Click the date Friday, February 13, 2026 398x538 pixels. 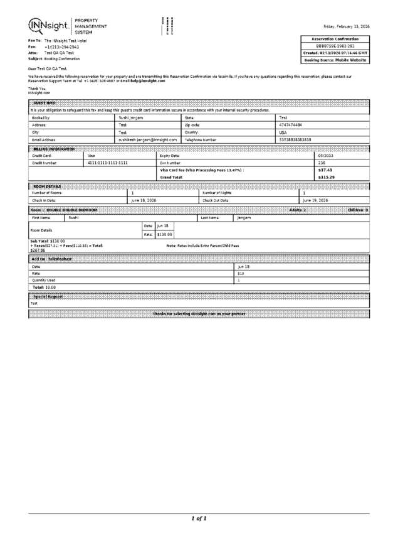click(346, 26)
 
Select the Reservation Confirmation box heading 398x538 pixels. click(336, 39)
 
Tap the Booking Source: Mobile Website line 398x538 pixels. click(336, 60)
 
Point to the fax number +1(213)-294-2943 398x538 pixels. click(61, 46)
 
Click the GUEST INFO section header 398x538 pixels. click(44, 102)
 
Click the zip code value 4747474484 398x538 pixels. click(291, 125)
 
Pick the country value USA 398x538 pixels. click(283, 132)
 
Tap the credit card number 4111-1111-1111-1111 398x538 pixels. click(108, 163)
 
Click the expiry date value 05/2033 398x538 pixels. click(326, 155)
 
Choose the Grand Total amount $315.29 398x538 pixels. click(326, 178)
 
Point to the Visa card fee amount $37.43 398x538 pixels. click(325, 170)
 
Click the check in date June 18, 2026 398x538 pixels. click(144, 200)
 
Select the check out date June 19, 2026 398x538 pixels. click(316, 200)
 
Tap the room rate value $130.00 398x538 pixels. click(164, 234)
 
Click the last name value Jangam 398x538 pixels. click(244, 217)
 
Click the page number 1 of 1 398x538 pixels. click(199, 519)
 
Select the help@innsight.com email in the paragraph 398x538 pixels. click(147, 81)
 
